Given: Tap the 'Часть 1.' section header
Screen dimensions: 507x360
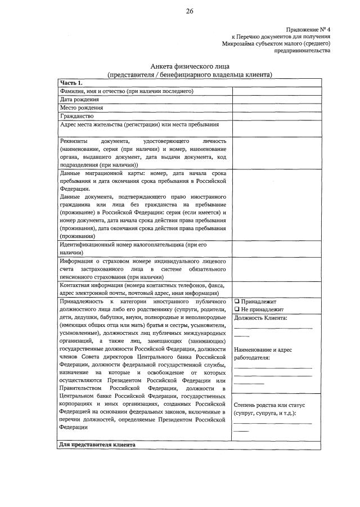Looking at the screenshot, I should tap(71, 83).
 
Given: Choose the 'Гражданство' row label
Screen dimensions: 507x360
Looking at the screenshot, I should tap(76, 116).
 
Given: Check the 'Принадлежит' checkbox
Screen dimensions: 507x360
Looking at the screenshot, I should tap(237, 301).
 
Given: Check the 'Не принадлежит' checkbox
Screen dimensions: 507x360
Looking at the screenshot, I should tap(237, 309).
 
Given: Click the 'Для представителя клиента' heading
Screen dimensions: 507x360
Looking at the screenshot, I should tap(97, 445).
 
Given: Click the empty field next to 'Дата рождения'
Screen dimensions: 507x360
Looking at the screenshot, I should tap(276, 100).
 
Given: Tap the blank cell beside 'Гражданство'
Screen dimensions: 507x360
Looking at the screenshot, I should tap(276, 116).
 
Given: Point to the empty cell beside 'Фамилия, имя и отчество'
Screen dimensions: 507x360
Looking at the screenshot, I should tap(276, 91).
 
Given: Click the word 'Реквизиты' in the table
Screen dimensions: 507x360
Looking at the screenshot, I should tap(74, 141).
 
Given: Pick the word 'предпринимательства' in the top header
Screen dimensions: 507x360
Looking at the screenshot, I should tap(302, 50).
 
